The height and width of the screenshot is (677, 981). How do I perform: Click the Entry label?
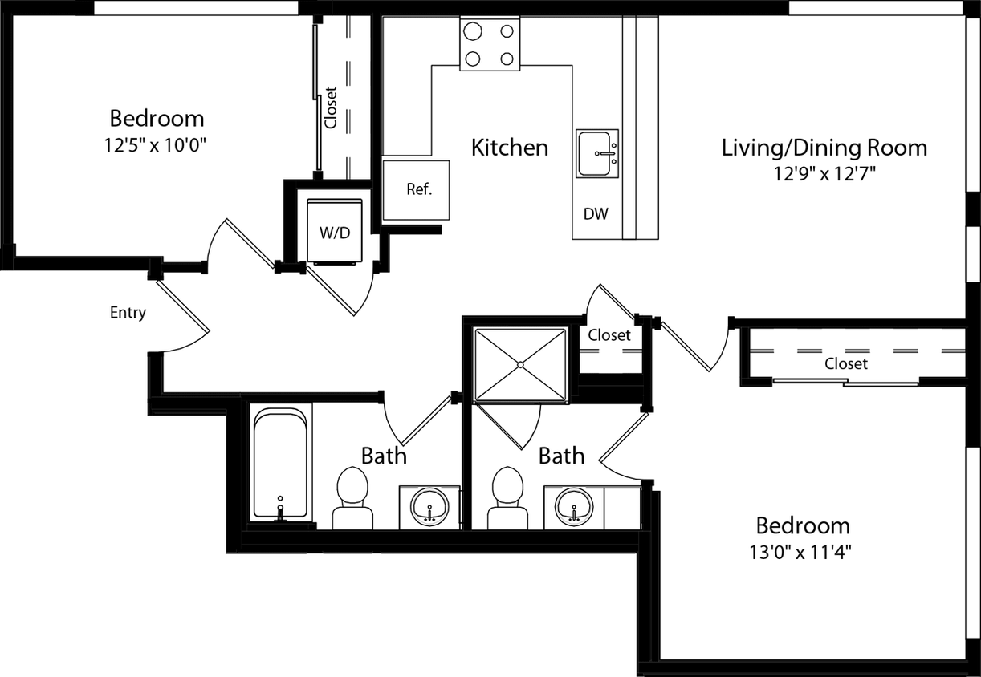pyautogui.click(x=128, y=313)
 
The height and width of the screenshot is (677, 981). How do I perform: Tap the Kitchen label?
pyautogui.click(x=510, y=148)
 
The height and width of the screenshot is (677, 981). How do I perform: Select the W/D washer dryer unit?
pyautogui.click(x=335, y=232)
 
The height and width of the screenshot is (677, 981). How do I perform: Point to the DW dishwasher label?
pyautogui.click(x=596, y=214)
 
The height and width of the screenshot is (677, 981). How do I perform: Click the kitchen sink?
pyautogui.click(x=597, y=153)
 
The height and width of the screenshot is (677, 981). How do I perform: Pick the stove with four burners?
pyautogui.click(x=489, y=44)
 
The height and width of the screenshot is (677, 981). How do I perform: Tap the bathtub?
pyautogui.click(x=279, y=464)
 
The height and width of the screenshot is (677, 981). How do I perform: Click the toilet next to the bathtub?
pyautogui.click(x=351, y=497)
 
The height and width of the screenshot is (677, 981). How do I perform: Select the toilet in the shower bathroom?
pyautogui.click(x=507, y=497)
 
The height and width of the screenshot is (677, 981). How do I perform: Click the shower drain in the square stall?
pyautogui.click(x=520, y=365)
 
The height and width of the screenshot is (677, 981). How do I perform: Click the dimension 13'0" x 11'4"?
pyautogui.click(x=803, y=552)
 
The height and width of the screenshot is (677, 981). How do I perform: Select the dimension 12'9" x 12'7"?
pyautogui.click(x=824, y=173)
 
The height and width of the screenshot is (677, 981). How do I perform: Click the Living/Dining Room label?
pyautogui.click(x=824, y=148)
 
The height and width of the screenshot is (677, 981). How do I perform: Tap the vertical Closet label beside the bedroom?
pyautogui.click(x=330, y=107)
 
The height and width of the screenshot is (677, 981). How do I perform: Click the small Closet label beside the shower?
pyautogui.click(x=609, y=335)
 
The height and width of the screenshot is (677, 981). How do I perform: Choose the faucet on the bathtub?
pyautogui.click(x=280, y=509)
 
